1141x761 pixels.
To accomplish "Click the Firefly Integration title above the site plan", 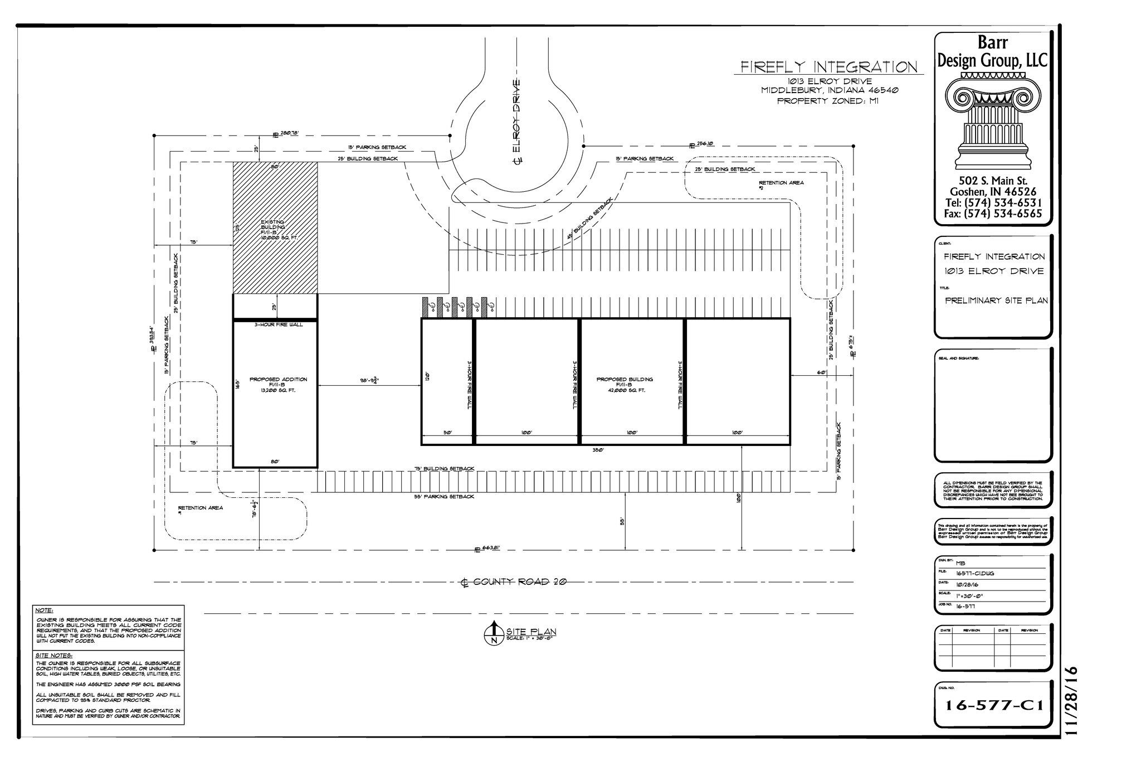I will click(828, 67).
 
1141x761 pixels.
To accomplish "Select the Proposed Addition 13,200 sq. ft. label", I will click(278, 385).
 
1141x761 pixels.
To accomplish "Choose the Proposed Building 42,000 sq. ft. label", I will click(625, 385).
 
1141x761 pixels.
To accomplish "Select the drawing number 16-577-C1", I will click(994, 706).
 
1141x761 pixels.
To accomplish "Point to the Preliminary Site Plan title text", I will click(996, 300).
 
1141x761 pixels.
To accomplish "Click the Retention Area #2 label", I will click(781, 185).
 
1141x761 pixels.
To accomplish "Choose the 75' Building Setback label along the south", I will click(444, 469).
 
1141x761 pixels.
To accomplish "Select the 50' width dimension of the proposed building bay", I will click(447, 433).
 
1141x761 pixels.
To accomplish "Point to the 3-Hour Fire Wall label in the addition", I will click(278, 324).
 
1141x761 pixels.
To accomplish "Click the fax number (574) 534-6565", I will click(993, 214).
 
